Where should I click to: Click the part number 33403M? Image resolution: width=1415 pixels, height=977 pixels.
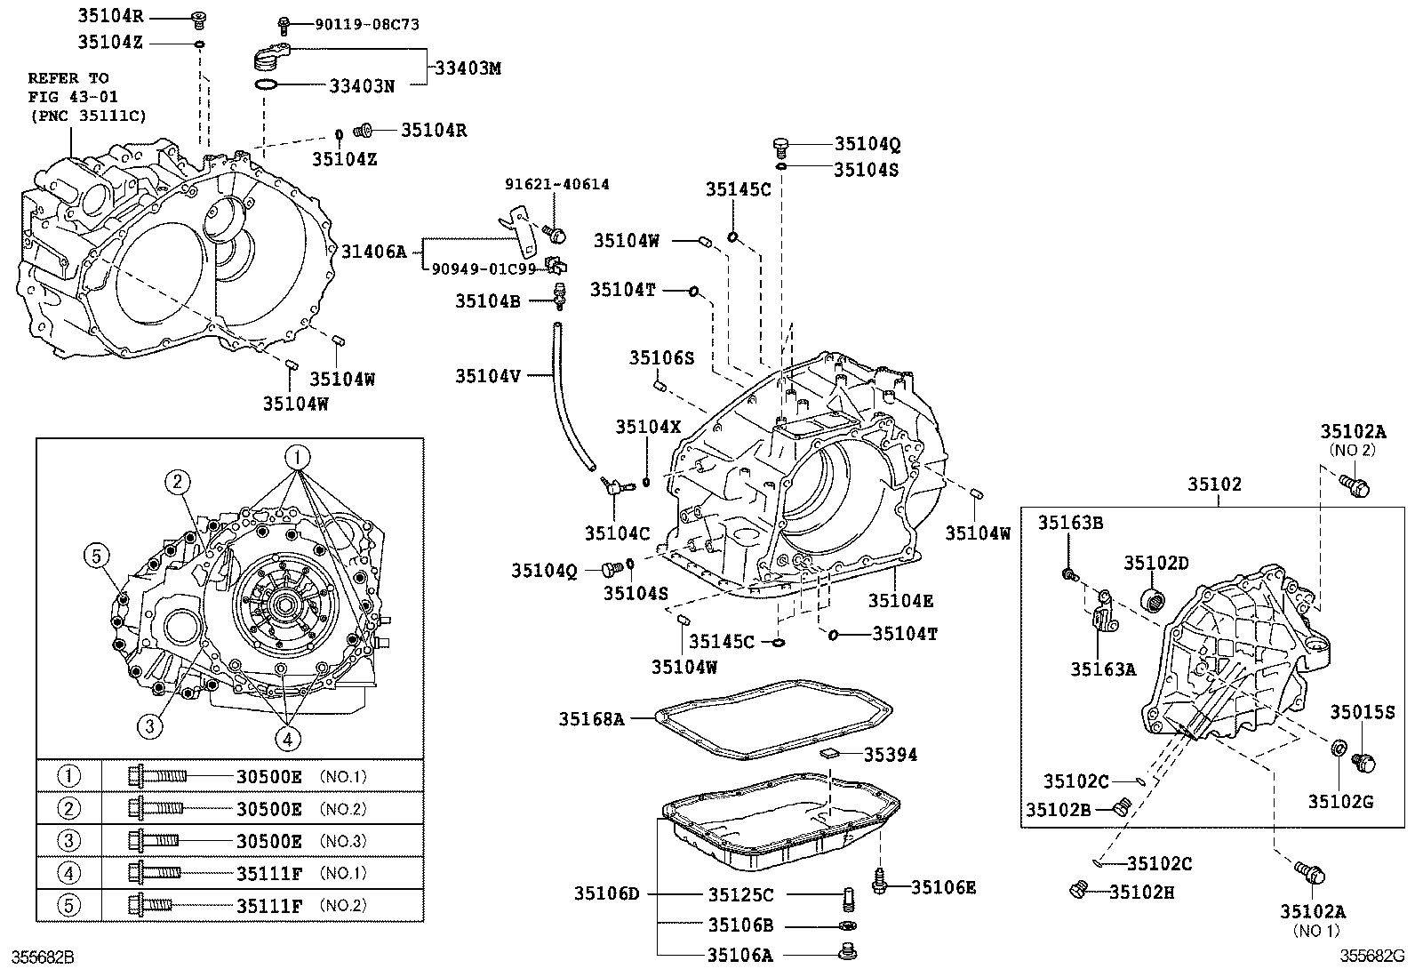pos(468,68)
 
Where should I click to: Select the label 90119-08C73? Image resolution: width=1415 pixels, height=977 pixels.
pos(367,25)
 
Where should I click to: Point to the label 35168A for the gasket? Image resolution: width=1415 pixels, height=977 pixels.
pos(592,718)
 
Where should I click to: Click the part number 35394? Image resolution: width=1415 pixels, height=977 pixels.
pos(891,754)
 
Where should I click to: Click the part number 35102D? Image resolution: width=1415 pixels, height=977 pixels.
pos(1155,562)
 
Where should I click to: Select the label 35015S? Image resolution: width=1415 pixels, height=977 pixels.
pos(1362,711)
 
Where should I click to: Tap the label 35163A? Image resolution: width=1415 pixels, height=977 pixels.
pos(1103,669)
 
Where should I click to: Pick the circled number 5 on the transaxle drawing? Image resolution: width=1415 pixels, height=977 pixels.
pos(97,557)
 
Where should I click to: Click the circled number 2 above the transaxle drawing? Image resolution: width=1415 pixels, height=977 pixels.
pos(178,482)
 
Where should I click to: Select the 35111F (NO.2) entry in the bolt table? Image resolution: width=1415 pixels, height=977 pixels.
pos(268,906)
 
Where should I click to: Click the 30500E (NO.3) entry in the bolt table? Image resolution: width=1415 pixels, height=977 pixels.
pos(268,841)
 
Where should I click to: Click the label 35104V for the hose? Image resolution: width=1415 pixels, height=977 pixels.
pos(488,375)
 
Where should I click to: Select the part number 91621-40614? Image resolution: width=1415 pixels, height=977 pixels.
pos(557,184)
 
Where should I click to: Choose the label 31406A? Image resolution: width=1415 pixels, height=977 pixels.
pos(373,252)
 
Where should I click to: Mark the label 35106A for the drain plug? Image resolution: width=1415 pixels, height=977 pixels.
pos(739,955)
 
